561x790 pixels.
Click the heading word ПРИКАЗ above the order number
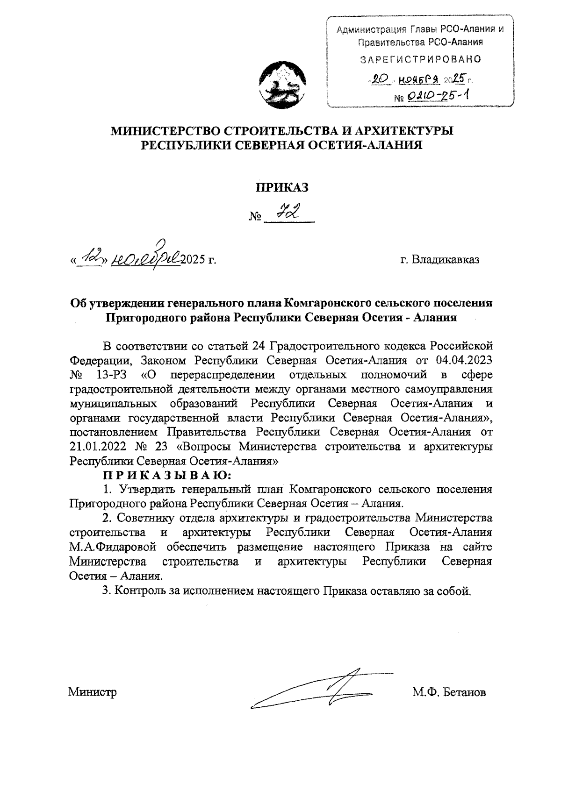click(282, 187)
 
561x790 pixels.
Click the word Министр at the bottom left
click(92, 691)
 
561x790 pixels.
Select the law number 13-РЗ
click(110, 375)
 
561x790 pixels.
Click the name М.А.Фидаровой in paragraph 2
click(112, 547)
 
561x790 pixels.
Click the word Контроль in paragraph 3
click(138, 591)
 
